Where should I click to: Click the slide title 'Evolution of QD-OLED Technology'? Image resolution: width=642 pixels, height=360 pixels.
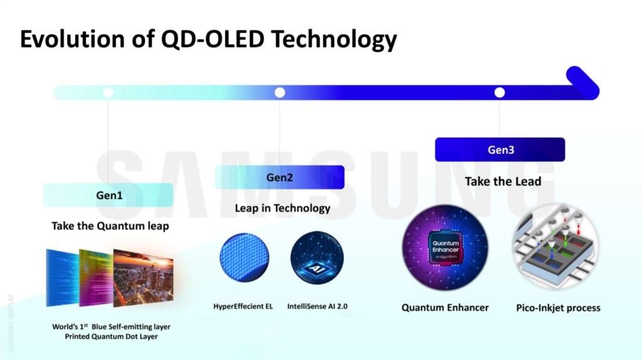(x=208, y=39)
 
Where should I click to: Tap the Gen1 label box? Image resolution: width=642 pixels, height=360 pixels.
(x=108, y=195)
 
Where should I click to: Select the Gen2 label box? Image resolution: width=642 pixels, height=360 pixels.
(x=280, y=177)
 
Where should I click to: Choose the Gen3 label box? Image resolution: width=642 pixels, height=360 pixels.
(x=500, y=150)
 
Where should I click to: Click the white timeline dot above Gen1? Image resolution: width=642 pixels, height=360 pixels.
(x=108, y=93)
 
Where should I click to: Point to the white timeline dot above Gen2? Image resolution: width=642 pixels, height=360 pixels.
(x=280, y=93)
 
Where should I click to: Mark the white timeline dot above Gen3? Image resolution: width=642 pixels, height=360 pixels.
(x=500, y=93)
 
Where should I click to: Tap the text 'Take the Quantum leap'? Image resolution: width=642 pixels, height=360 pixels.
(x=110, y=226)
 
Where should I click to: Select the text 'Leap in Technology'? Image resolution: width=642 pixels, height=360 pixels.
(x=282, y=208)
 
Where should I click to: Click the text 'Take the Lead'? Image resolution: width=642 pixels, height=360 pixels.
(x=503, y=181)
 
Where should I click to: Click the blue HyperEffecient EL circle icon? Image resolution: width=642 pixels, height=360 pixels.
(x=245, y=257)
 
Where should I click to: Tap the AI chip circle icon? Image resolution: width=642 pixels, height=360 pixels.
(x=317, y=258)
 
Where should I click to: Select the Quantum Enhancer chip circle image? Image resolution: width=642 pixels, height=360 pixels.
(x=445, y=248)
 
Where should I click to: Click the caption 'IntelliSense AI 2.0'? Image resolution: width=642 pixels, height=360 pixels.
(x=317, y=307)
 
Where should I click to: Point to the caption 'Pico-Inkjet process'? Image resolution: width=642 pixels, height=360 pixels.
(x=558, y=308)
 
